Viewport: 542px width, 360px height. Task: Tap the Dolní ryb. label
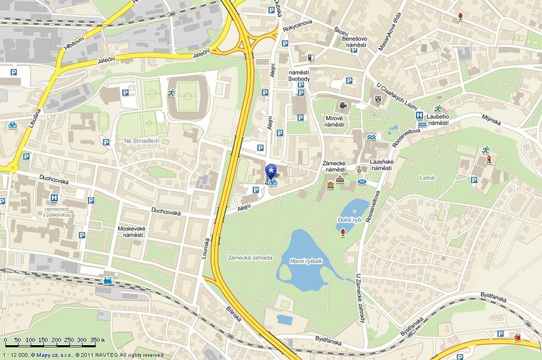(348, 220)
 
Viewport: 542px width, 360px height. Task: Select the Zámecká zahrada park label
(250, 258)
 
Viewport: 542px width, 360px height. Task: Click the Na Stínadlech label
(141, 140)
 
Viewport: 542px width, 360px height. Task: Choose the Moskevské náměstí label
(131, 233)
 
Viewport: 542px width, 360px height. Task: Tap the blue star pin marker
(272, 169)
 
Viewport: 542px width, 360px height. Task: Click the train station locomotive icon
(108, 279)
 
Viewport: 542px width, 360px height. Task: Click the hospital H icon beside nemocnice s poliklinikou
(54, 198)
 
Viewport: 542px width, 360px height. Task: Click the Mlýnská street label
(492, 125)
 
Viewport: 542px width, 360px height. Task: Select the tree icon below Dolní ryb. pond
(343, 233)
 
